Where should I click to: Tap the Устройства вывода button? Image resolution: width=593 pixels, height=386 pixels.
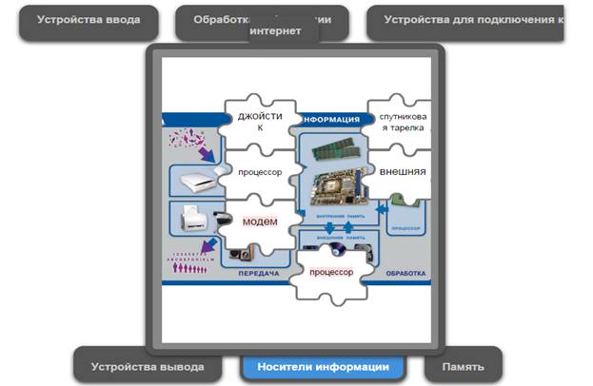pyautogui.click(x=148, y=366)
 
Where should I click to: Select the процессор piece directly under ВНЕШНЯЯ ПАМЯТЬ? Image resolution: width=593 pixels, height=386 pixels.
pyautogui.click(x=330, y=272)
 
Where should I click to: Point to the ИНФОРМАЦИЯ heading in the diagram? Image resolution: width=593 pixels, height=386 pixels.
pyautogui.click(x=330, y=120)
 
